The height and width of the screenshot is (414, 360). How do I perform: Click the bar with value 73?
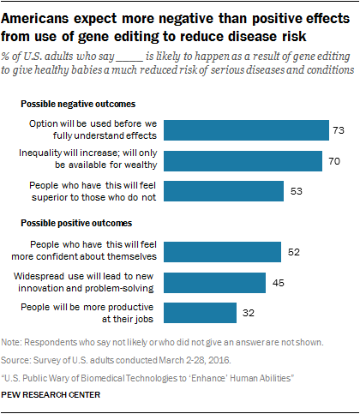click(x=247, y=129)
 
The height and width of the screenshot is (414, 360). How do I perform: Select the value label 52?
click(x=293, y=251)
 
